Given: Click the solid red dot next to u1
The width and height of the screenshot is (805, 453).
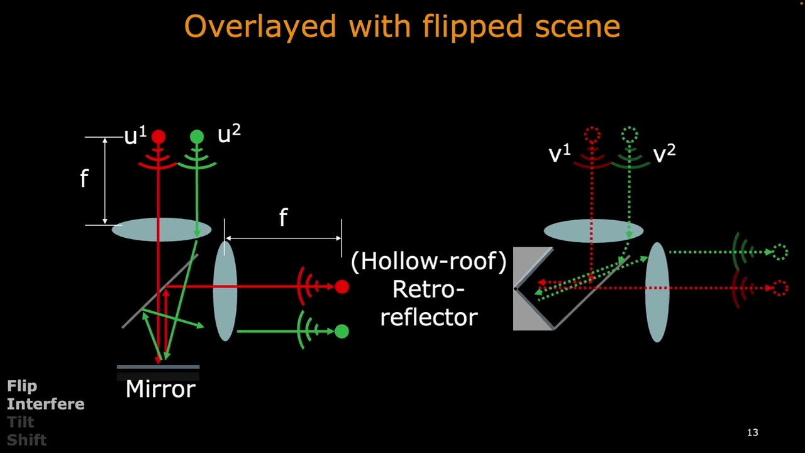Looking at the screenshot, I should pos(158,137).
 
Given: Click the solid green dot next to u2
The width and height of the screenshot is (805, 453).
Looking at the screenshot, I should pos(197,137).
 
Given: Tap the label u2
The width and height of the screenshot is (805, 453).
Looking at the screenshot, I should pos(228,134).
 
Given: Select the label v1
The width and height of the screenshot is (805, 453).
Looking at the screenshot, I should pos(559,154).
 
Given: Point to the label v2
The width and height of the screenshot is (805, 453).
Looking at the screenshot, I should pos(664,154).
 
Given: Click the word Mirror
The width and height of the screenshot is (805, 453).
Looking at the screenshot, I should pos(161,389).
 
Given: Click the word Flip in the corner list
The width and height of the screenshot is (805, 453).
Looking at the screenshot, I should pos(22,386).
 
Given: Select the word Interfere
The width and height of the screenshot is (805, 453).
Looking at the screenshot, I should pos(45,404).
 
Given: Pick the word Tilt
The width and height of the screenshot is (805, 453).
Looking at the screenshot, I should pos(20,422).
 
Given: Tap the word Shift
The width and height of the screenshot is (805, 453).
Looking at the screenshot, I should pos(26,440).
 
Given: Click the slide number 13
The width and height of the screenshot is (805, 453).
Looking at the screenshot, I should pos(752,432).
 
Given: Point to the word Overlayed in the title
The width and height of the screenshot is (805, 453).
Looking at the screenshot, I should pos(260,27).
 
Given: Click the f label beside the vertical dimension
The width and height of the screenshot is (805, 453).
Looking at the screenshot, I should pos(84,179).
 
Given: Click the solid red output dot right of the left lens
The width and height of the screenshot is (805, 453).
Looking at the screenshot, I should pos(341,288).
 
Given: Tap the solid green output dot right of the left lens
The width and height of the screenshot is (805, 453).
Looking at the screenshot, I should pos(341,331).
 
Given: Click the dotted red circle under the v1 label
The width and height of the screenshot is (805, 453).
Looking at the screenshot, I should pos(592,134).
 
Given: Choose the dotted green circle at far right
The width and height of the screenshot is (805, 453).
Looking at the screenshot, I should pos(780,252).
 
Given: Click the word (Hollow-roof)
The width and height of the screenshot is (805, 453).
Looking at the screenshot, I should pos(428,261).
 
